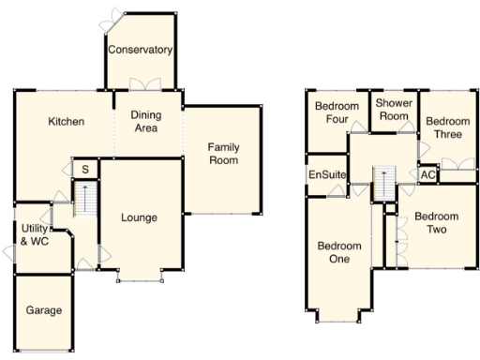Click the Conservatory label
(x=140, y=50)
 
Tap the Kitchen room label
(x=67, y=122)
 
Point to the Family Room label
(x=222, y=154)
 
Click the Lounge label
(x=139, y=217)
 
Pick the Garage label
(x=44, y=310)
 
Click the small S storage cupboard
(x=84, y=169)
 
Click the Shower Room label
(x=394, y=110)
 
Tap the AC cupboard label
(x=427, y=175)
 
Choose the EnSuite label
(x=327, y=175)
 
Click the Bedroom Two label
(x=436, y=222)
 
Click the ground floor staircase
(x=84, y=201)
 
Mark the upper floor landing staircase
(x=382, y=184)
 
